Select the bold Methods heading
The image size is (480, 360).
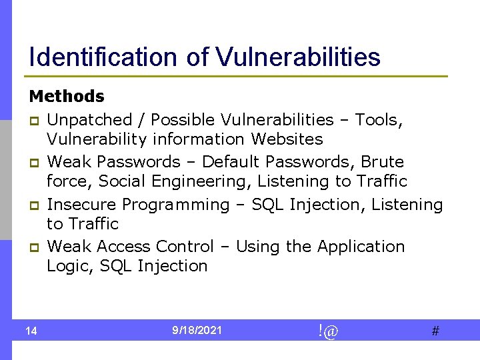67,97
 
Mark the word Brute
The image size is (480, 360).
382,162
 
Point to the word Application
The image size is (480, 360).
361,247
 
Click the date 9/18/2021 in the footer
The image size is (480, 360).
197,330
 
